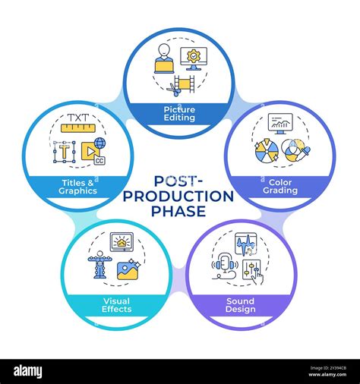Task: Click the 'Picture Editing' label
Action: coord(179,114)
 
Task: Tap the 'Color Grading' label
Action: coord(280,187)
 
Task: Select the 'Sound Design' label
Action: coord(241,305)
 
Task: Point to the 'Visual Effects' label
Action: coord(117,305)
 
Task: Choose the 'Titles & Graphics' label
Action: coord(77,187)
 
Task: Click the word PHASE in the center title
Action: coord(178,211)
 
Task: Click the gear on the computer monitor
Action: coord(194,56)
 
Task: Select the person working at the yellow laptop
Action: coord(164,58)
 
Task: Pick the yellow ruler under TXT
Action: coord(78,127)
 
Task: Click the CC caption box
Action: coord(99,161)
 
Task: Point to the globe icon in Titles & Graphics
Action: coord(99,143)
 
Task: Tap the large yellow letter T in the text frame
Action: coord(65,151)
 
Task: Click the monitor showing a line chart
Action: coord(280,124)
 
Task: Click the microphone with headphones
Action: coord(225,265)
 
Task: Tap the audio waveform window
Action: coord(246,244)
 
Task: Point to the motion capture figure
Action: coord(100,264)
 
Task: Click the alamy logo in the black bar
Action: coord(28,372)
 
